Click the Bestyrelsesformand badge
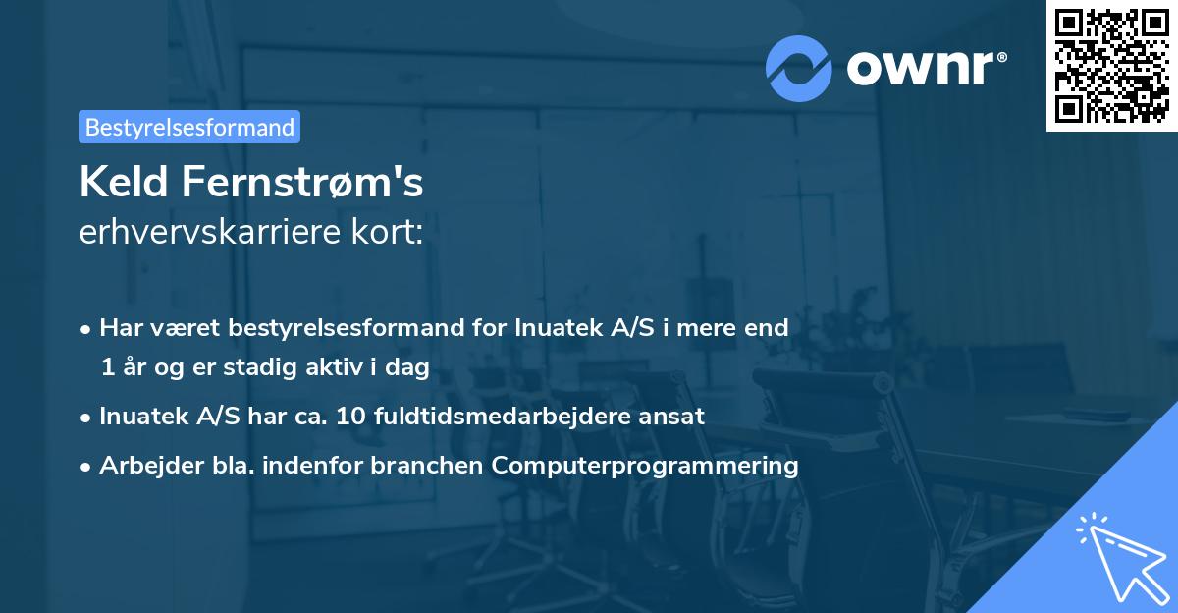click(x=189, y=127)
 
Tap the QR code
click(x=1111, y=66)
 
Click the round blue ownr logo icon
click(x=799, y=68)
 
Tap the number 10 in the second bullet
click(x=349, y=417)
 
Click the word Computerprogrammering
click(x=645, y=466)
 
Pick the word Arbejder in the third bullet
click(x=143, y=466)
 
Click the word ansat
click(x=676, y=417)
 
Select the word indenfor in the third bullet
click(x=334, y=466)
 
